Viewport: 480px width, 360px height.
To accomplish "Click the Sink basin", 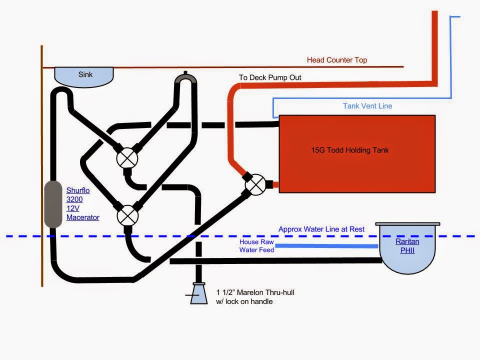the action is [x=84, y=77].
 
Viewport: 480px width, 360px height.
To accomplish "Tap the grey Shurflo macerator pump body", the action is [x=53, y=204].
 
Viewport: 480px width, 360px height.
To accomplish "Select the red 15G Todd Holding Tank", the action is [x=357, y=154].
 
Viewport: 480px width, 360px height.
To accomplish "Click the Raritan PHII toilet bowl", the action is [x=407, y=248].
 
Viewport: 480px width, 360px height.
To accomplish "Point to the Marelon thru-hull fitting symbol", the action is [x=198, y=293].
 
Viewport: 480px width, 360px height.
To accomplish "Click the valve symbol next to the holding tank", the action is [x=255, y=184].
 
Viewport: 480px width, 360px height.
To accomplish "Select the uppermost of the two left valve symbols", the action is [x=127, y=158].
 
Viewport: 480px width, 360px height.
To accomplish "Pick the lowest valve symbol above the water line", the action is [x=127, y=216].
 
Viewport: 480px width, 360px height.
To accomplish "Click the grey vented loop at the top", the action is [x=185, y=78].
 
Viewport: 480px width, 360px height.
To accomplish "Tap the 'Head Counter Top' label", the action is [x=336, y=60].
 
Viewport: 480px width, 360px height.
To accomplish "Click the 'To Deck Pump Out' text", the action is [x=270, y=77].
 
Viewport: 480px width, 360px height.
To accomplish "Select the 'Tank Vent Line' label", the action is [x=367, y=106].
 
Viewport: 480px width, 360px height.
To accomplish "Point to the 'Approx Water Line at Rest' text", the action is [x=321, y=229].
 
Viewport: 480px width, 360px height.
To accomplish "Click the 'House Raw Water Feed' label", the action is [x=256, y=246].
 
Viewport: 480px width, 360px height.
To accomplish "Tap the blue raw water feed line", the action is [x=326, y=246].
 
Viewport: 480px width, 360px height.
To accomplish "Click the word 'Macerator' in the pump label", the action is [x=82, y=217].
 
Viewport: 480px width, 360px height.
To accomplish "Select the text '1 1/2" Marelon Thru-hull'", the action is [x=255, y=292].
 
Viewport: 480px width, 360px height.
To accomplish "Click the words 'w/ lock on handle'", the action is [x=244, y=301].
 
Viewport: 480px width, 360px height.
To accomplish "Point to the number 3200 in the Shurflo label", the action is [x=74, y=199].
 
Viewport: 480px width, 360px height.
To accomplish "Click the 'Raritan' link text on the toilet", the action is [x=407, y=241].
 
